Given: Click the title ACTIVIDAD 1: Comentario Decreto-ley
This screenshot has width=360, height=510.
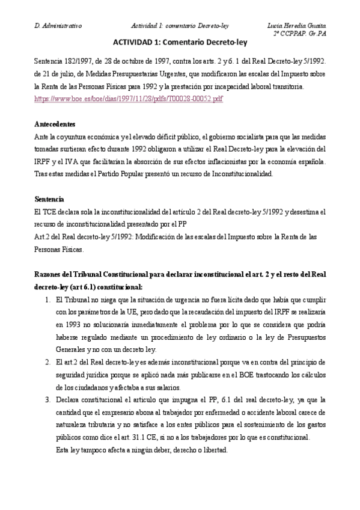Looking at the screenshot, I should pyautogui.click(x=180, y=43).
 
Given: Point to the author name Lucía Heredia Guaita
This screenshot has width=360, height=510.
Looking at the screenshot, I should pyautogui.click(x=297, y=25).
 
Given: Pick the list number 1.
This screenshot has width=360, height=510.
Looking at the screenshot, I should pyautogui.click(x=47, y=299).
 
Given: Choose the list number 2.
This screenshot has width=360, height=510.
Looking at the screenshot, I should pyautogui.click(x=47, y=361).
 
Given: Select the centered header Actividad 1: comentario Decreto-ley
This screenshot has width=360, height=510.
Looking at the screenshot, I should pyautogui.click(x=180, y=25).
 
